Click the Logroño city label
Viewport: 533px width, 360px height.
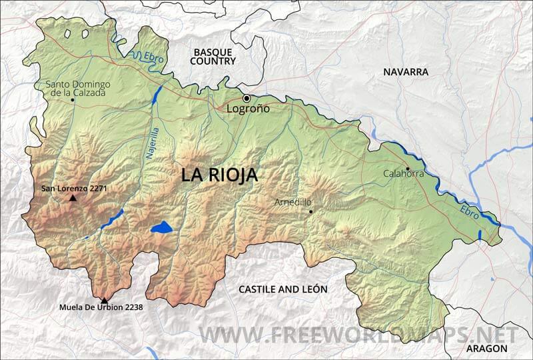click(x=249, y=109)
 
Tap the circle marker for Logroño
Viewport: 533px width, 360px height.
click(x=247, y=99)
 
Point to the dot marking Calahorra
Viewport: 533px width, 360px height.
click(x=408, y=168)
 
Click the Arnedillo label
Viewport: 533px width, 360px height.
click(x=292, y=201)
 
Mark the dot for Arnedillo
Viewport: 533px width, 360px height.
click(x=310, y=211)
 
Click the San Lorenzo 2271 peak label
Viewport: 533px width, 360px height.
click(x=74, y=189)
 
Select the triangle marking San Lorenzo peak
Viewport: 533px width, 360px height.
click(x=73, y=198)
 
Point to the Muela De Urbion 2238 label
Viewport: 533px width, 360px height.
click(x=101, y=307)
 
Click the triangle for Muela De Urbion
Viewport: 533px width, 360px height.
click(x=104, y=300)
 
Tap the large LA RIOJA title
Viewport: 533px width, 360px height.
click(x=219, y=175)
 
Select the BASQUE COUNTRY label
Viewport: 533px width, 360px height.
click(x=213, y=56)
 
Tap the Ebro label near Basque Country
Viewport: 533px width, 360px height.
click(x=154, y=59)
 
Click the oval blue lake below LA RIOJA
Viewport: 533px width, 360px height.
click(x=161, y=228)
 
